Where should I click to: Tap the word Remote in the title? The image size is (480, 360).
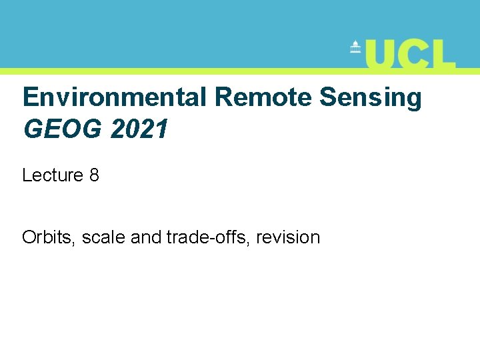[x=263, y=98]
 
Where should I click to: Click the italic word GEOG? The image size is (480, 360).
[x=63, y=129]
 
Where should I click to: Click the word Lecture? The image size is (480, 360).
[x=53, y=175]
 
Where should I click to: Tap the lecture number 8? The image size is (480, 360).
[x=94, y=175]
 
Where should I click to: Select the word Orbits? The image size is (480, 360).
[x=49, y=237]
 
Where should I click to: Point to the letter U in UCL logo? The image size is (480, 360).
[x=381, y=54]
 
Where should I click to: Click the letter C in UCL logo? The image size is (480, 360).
[x=415, y=54]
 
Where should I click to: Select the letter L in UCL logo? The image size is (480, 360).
[x=445, y=54]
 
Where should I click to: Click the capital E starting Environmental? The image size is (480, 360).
[x=31, y=98]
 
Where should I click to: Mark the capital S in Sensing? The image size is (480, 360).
[x=328, y=98]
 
